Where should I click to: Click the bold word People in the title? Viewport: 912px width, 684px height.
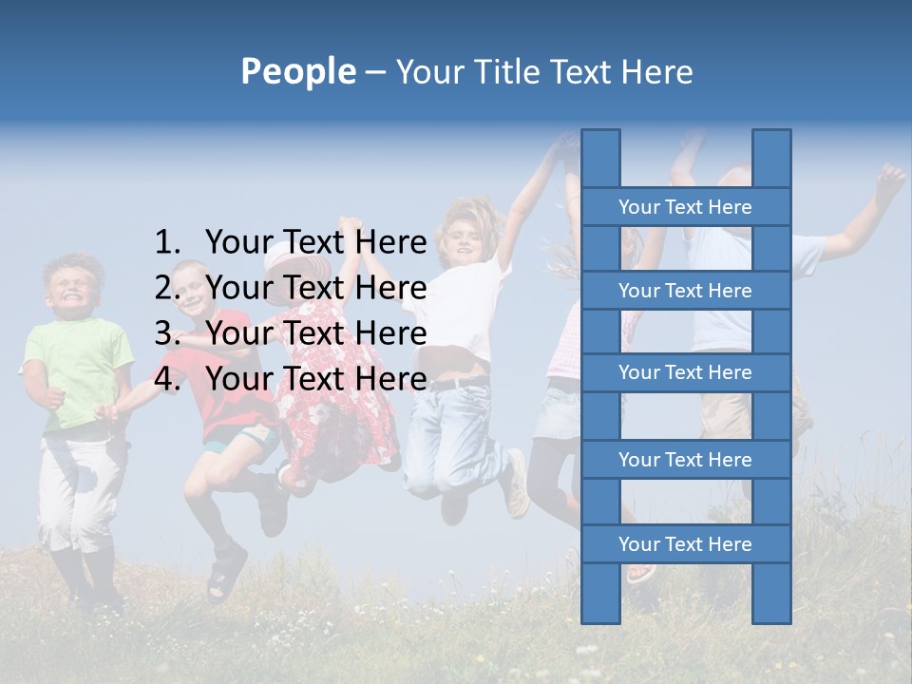coord(298,71)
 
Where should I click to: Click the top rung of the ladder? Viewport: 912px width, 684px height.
coord(685,206)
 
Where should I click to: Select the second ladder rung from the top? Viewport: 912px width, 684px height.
coord(685,290)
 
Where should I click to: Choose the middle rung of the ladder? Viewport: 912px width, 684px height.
coord(685,372)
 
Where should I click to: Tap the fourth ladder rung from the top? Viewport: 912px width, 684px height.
coord(685,460)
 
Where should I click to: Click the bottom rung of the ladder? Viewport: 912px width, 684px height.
coord(685,543)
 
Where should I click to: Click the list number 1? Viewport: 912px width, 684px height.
coord(166,242)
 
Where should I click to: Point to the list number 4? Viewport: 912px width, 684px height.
coord(166,378)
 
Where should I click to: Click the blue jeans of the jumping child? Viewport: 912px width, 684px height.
coord(456,427)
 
